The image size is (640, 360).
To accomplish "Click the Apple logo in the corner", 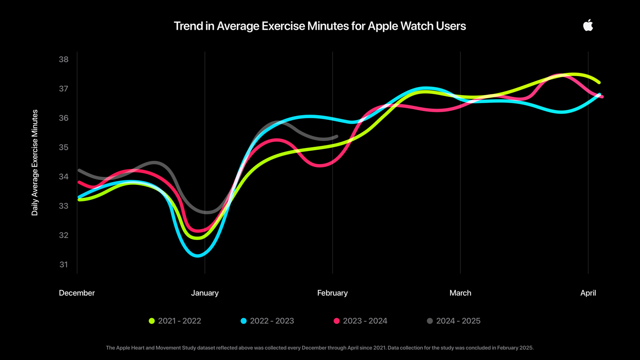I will [x=588, y=25].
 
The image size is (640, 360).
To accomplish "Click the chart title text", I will [x=320, y=26].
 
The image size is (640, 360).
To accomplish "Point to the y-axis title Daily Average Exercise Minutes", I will [x=35, y=163].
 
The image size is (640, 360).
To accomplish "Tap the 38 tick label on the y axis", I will [x=64, y=60].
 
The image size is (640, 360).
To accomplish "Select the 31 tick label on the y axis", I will [x=64, y=264].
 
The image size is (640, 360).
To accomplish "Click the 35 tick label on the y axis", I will [x=64, y=147].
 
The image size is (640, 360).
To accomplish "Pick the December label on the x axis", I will [x=77, y=293].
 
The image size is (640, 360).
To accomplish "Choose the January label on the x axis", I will [x=205, y=293].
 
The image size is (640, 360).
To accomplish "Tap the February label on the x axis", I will [x=332, y=293].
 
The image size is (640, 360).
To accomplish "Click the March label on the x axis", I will [x=460, y=293].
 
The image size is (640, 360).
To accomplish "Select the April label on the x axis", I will [x=588, y=293].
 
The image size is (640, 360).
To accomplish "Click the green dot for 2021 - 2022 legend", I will [x=152, y=321].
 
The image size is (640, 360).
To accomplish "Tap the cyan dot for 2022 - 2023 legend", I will [x=244, y=321].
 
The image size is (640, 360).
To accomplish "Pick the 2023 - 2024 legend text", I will [x=365, y=321].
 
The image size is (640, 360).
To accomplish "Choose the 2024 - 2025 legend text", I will [x=458, y=321].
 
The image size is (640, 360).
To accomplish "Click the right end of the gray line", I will [x=336, y=136].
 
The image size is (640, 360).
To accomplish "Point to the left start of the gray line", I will [x=79, y=170].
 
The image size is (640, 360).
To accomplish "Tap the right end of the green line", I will [x=599, y=82].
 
